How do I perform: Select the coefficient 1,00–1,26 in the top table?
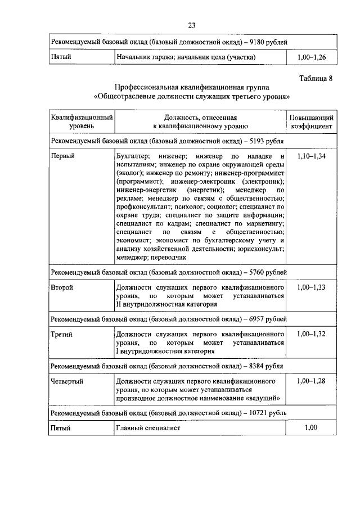tap(311, 57)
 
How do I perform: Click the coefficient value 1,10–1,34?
tap(311, 155)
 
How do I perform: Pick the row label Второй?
tap(62, 287)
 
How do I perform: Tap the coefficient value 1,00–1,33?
tap(311, 287)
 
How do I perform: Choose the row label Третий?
tap(62, 334)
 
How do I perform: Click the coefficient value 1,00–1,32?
tap(311, 334)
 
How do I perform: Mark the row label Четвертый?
tap(67, 381)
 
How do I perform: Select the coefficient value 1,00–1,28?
tap(311, 381)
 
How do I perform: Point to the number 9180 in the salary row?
tap(256, 42)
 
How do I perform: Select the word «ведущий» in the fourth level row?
tap(264, 399)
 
